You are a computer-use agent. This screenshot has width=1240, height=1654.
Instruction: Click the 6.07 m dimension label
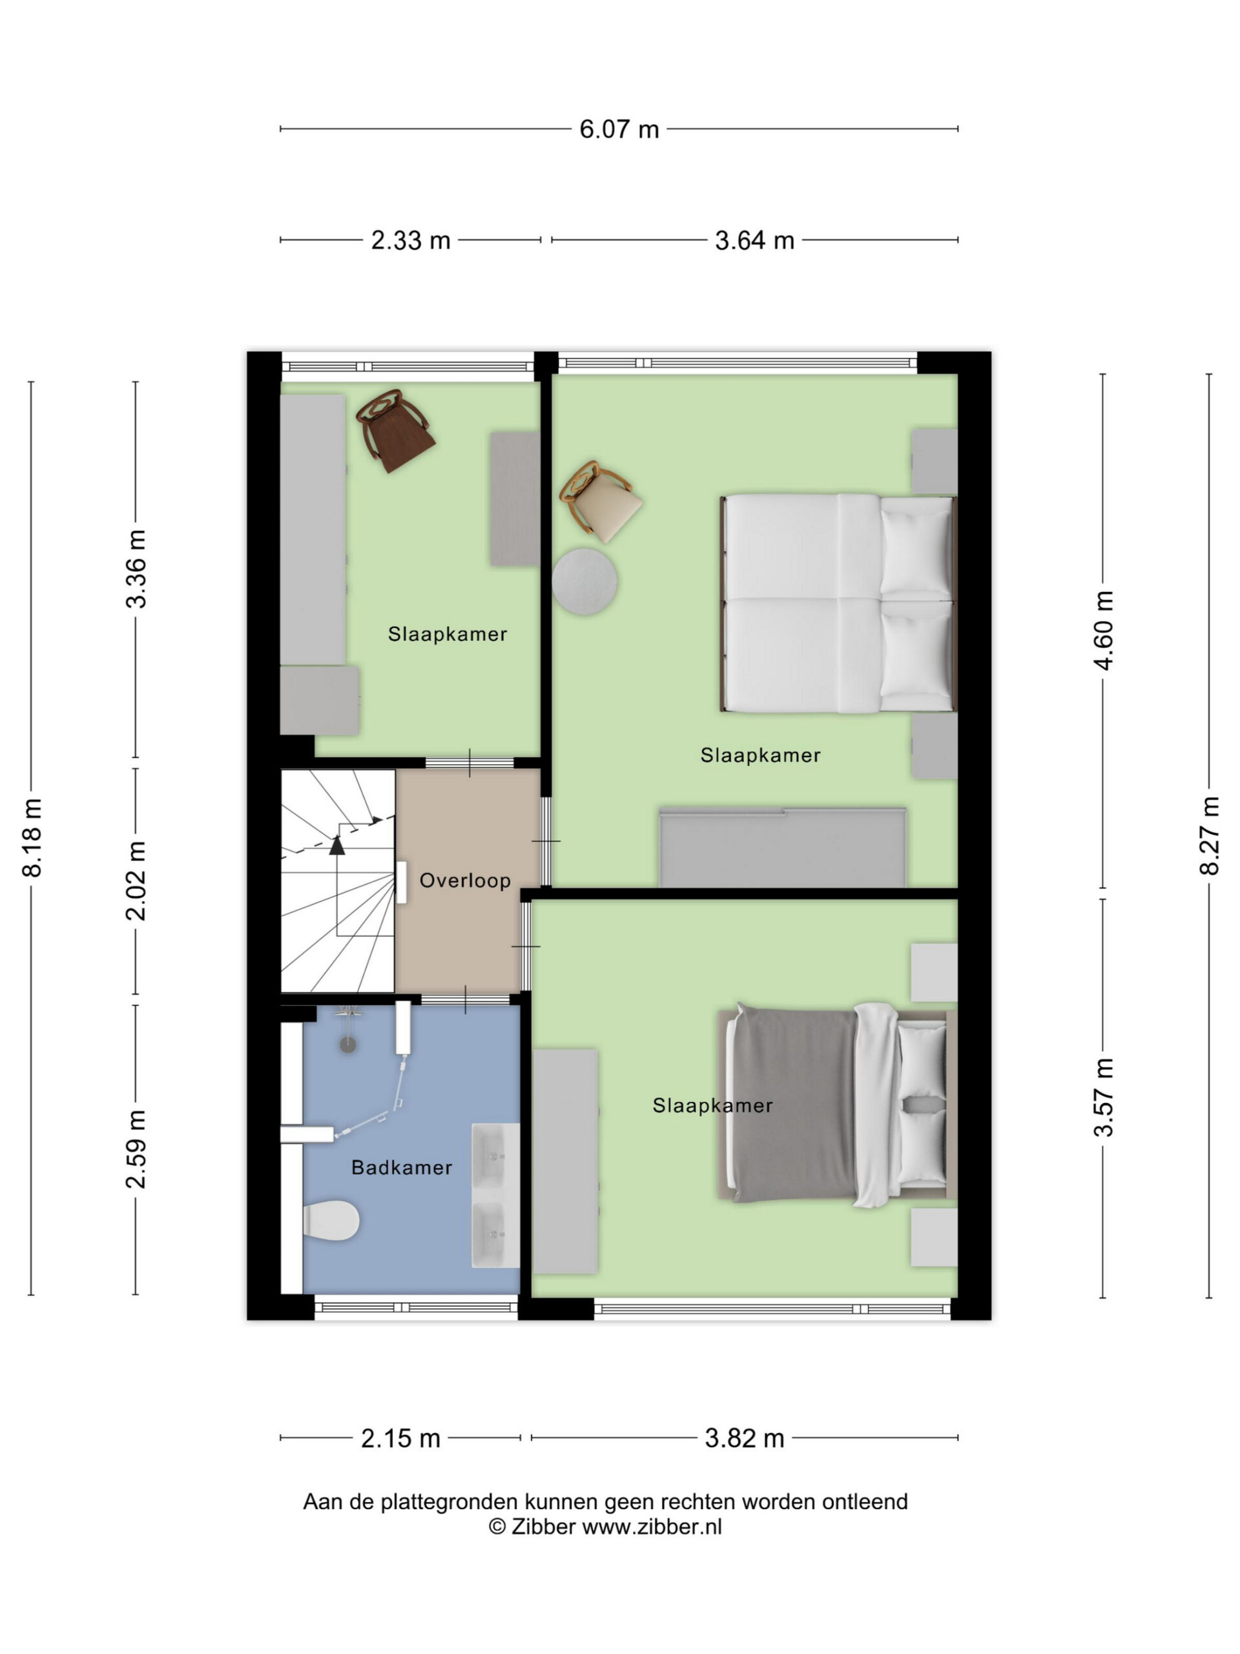pos(619,129)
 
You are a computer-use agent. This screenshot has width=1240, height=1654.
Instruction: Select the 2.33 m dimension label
pos(410,241)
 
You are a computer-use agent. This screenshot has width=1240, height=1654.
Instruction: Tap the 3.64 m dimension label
pos(754,241)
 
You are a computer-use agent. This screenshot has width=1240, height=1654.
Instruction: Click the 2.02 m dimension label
pos(136,880)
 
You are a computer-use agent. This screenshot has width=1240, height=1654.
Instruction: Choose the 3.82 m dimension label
pos(745,1438)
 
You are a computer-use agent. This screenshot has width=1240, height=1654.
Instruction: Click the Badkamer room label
pos(401,1167)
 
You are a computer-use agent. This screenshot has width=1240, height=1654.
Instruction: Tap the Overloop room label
pos(465,880)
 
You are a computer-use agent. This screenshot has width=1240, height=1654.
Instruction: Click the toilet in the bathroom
pos(331,1220)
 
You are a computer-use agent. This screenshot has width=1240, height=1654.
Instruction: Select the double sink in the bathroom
pos(495,1196)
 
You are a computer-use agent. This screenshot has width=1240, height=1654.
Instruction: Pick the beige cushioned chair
pos(600,501)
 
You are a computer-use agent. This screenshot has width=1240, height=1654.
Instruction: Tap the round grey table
pos(584,581)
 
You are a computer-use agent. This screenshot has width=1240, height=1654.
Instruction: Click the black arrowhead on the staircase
pos(337,845)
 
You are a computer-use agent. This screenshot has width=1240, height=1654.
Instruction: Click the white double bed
pos(838,603)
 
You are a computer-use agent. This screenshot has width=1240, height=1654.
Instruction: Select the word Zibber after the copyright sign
pos(543,1526)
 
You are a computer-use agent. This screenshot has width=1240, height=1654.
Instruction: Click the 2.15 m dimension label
pos(400,1438)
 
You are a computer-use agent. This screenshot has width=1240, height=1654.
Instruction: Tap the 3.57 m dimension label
pos(1103,1097)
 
